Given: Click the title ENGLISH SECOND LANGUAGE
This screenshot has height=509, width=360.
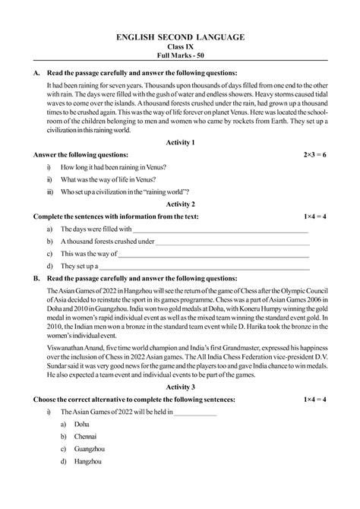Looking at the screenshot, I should tap(180, 36).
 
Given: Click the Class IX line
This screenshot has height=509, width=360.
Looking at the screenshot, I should tap(180, 46).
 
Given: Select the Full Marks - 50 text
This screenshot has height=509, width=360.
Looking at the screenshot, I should tap(180, 57).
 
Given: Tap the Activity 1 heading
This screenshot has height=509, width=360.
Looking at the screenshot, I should tap(180, 142).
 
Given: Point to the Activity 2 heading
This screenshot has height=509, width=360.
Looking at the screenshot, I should tap(180, 204).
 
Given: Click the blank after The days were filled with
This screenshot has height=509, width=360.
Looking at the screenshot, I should tap(220, 229).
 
